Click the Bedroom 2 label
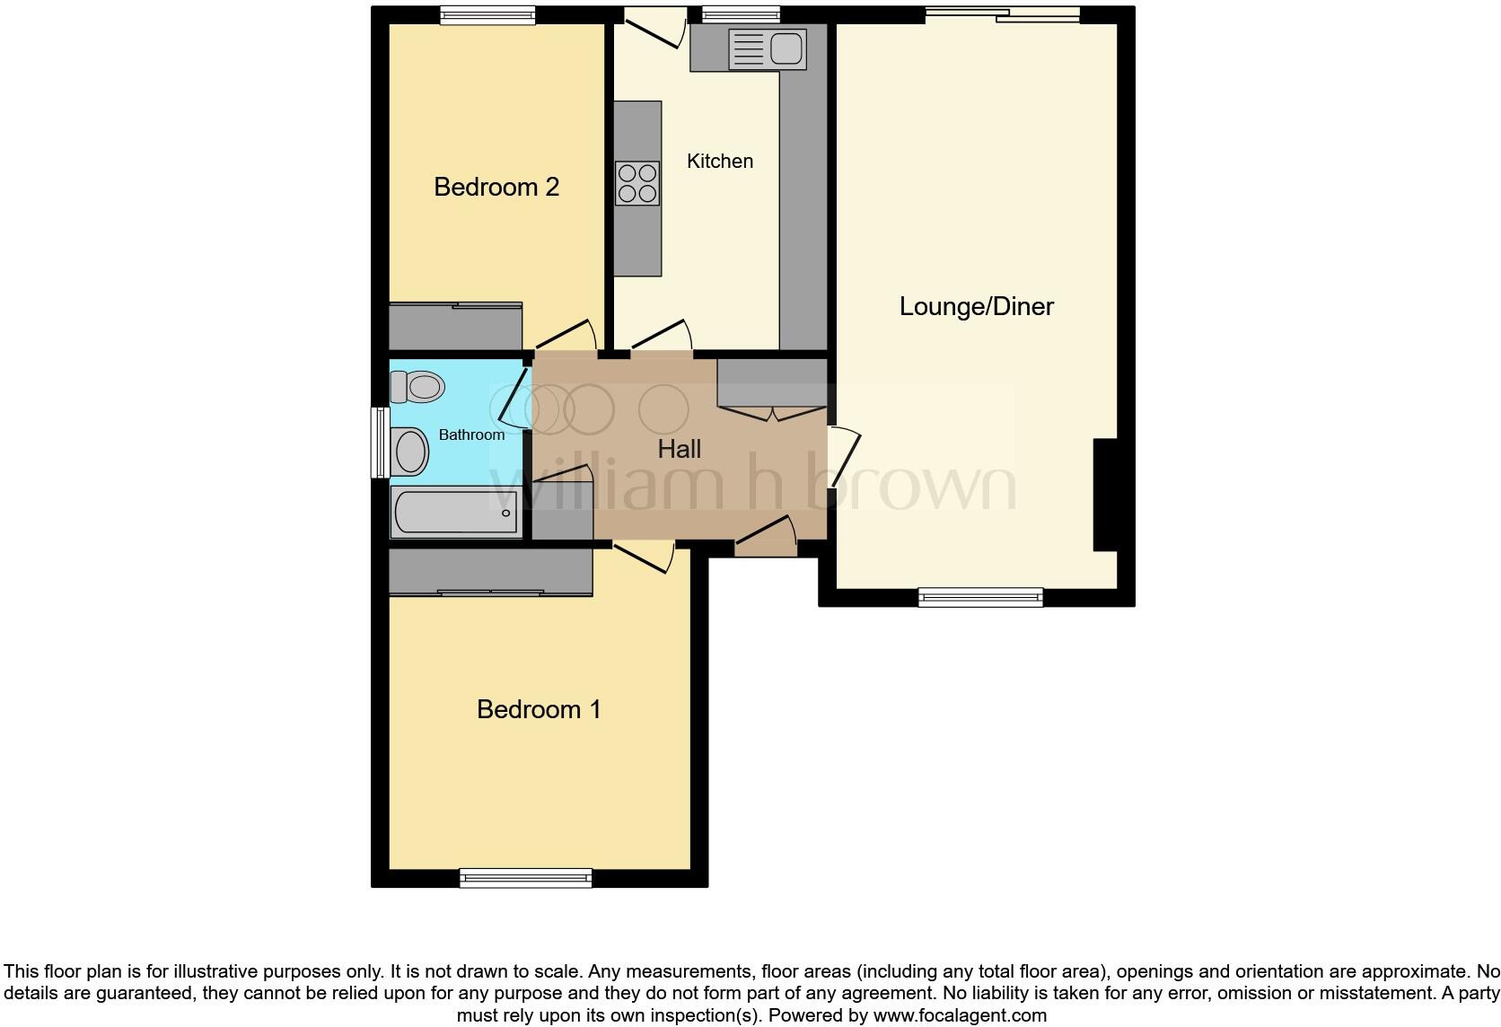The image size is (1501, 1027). (x=496, y=187)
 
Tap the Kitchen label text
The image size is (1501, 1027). (x=720, y=162)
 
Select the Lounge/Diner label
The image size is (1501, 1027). (x=977, y=307)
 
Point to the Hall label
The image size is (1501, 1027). (x=680, y=450)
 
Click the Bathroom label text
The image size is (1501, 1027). (x=471, y=434)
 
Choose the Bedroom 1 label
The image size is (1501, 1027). (x=539, y=710)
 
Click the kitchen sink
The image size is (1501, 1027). (x=768, y=48)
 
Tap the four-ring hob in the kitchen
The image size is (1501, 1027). (x=637, y=182)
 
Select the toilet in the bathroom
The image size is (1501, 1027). (x=418, y=388)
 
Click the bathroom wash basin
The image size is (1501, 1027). (x=410, y=451)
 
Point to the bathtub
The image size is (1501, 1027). (x=456, y=513)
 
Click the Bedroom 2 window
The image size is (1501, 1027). (x=487, y=14)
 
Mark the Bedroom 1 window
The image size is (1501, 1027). (x=526, y=877)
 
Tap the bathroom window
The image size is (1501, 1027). (x=381, y=443)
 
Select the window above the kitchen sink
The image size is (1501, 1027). (x=741, y=13)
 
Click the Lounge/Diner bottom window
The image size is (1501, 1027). (x=980, y=597)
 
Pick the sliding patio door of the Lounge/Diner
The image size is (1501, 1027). (x=1002, y=13)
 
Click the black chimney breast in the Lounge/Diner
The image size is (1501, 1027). (x=1105, y=495)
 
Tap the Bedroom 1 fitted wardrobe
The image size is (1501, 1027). (x=490, y=572)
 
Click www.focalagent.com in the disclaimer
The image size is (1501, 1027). (x=960, y=1016)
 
